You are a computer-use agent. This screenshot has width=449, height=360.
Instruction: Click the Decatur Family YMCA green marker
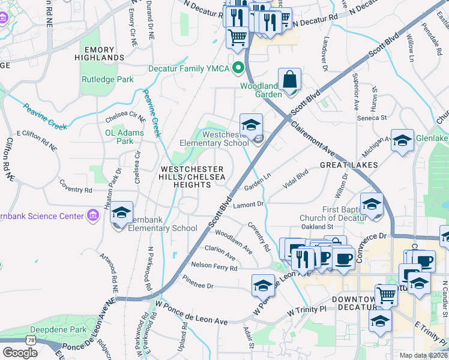pos(238,68)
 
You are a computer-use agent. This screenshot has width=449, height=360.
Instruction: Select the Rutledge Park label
pos(108,79)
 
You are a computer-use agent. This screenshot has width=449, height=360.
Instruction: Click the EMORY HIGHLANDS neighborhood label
pos(100,53)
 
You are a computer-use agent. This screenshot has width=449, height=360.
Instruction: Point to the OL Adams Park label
pos(124,137)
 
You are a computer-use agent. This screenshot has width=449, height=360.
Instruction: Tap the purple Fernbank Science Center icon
pos(92,215)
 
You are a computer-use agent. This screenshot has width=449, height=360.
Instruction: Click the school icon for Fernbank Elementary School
pos(122,214)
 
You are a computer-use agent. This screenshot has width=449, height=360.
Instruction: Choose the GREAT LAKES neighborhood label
pos(348,164)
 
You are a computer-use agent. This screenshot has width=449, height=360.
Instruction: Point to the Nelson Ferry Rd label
pos(214,265)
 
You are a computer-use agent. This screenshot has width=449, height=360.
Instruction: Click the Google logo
pos(20,352)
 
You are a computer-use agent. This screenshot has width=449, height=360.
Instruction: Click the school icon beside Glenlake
pos(402,140)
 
